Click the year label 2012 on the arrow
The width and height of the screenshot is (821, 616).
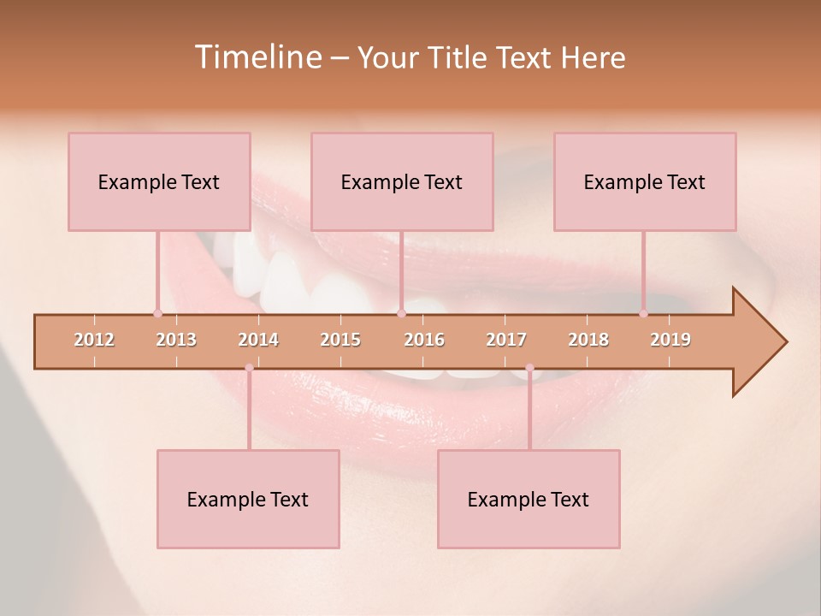point(94,341)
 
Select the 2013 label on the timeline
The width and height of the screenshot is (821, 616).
point(176,341)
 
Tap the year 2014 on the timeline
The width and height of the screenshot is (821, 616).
point(258,341)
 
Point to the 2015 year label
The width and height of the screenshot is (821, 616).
point(340,341)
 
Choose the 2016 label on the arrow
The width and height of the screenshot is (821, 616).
point(424,341)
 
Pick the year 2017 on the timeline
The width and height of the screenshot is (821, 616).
point(506,341)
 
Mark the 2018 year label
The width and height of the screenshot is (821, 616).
point(588,341)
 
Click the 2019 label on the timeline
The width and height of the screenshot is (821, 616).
point(670,341)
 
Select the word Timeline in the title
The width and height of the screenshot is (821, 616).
point(257,57)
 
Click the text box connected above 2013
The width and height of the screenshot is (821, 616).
point(159,181)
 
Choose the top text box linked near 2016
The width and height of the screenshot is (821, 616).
point(402,181)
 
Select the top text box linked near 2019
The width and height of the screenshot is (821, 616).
point(645,181)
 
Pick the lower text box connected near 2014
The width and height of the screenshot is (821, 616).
point(248,499)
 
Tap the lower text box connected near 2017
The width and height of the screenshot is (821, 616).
point(529,499)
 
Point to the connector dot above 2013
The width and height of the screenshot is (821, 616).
point(157,314)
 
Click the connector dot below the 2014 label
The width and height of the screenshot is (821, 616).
point(249,368)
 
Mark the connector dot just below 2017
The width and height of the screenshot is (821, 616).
point(529,368)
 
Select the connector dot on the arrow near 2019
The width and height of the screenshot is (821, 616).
point(644,314)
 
